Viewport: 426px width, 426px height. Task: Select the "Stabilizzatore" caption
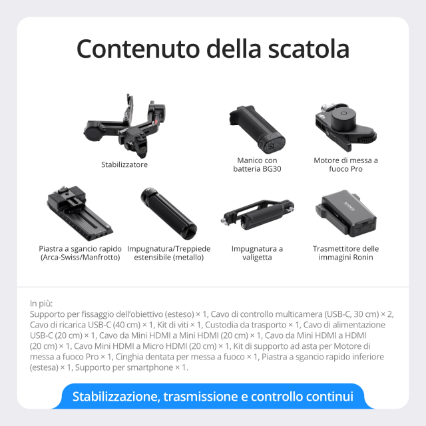click(x=124, y=164)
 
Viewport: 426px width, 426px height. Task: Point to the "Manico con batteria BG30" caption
click(x=256, y=164)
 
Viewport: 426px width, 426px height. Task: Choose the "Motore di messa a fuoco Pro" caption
click(x=346, y=164)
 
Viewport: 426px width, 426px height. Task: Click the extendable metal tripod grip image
click(x=168, y=214)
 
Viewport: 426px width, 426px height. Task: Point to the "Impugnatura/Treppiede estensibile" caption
click(x=168, y=253)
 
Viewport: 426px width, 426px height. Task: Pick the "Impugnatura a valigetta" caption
click(x=257, y=253)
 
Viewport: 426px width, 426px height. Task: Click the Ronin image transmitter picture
click(x=345, y=214)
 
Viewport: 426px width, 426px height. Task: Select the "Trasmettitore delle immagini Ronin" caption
click(x=345, y=253)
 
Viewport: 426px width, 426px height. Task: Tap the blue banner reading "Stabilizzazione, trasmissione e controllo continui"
click(x=213, y=397)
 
